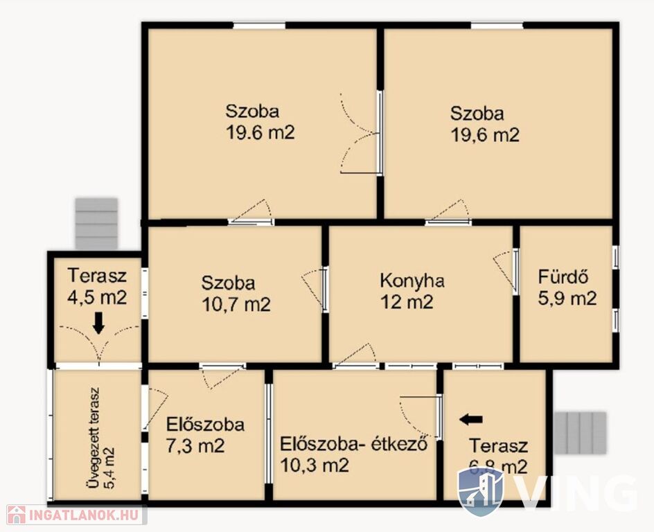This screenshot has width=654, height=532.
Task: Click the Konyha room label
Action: pyautogui.click(x=412, y=281)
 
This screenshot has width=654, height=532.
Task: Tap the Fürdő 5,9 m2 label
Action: pyautogui.click(x=567, y=287)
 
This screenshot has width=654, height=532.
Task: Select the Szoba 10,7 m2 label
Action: pyautogui.click(x=236, y=294)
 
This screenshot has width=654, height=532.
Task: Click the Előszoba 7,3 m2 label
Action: pyautogui.click(x=205, y=435)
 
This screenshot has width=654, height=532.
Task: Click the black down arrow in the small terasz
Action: pyautogui.click(x=98, y=323)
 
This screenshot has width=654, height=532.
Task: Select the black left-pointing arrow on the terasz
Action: pyautogui.click(x=471, y=419)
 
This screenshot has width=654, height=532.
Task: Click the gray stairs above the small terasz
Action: pyautogui.click(x=96, y=224)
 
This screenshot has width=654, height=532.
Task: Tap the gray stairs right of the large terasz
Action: pyautogui.click(x=580, y=433)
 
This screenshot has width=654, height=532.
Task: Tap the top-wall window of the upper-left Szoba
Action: pyautogui.click(x=259, y=26)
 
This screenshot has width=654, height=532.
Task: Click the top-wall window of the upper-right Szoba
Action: pyautogui.click(x=497, y=26)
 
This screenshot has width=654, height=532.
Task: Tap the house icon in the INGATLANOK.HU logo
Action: pyautogui.click(x=16, y=515)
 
